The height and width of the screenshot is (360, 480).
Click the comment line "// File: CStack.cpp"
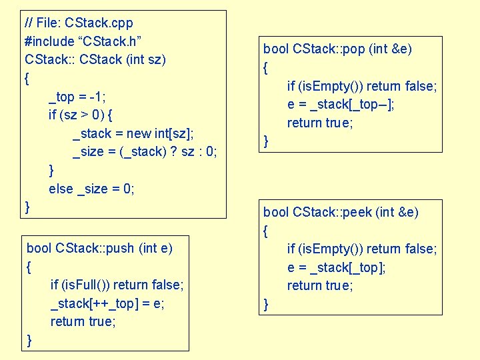pos(78,23)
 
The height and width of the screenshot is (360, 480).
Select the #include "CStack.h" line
pos(82,41)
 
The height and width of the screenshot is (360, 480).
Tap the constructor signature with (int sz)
pos(95,59)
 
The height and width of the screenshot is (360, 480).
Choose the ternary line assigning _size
pos(145,151)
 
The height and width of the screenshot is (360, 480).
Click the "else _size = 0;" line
pos(91,189)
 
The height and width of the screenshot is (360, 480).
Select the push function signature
pos(99,249)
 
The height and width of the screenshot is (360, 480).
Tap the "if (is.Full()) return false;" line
pos(117,285)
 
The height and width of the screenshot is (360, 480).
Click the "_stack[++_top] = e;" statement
pos(107,303)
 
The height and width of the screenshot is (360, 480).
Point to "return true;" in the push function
pos(83,321)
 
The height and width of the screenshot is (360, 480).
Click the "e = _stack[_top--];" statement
pos(341,104)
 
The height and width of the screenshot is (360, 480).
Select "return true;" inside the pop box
pos(320,123)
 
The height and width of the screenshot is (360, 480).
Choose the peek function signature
pos(341,213)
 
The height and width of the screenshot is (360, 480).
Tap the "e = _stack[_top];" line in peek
pos(336,267)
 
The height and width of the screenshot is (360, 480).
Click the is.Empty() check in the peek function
pos(362,249)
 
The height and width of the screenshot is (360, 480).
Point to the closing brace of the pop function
pos(267,141)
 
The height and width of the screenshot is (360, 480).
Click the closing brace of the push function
pos(29,340)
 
